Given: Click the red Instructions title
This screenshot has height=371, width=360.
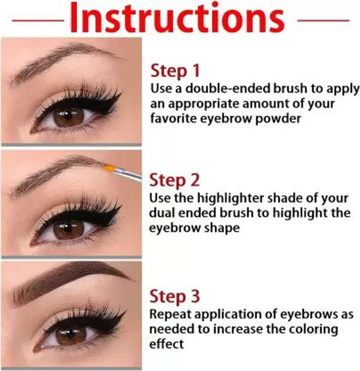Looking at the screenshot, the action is [177, 18].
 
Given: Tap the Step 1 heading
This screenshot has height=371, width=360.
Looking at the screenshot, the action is [175, 71].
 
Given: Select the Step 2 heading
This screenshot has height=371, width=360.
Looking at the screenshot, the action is [174, 180].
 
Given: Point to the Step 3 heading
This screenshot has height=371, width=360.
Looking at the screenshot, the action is [175, 296].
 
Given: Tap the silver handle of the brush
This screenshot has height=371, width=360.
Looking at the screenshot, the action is [128, 174].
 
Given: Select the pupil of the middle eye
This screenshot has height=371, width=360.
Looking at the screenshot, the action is [68, 227].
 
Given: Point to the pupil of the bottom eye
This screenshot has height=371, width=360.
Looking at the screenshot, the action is [70, 335].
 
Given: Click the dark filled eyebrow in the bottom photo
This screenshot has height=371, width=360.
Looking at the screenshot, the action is [71, 279].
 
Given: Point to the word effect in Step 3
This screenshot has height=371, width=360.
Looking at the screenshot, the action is [166, 344].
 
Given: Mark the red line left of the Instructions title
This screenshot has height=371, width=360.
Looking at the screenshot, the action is [38, 21].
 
